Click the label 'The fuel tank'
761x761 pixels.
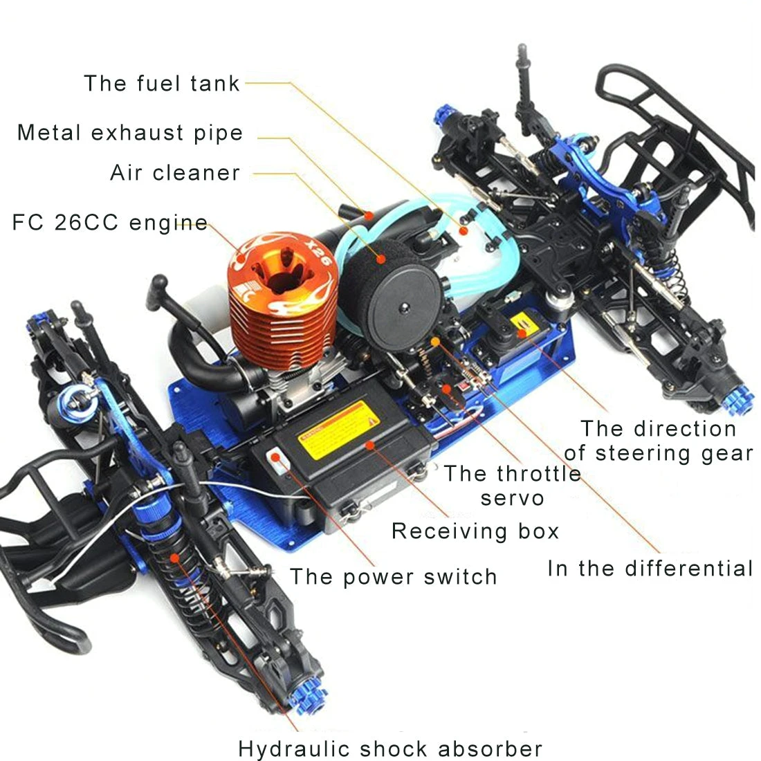click(162, 84)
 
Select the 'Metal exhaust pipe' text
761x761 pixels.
click(130, 133)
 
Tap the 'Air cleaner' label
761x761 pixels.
click(175, 173)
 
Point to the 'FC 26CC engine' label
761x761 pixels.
click(110, 223)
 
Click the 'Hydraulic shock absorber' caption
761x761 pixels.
click(390, 749)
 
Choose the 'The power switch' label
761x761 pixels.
click(393, 577)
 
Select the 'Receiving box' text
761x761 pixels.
click(475, 531)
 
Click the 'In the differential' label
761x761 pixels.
click(650, 569)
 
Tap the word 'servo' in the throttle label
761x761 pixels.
click(512, 498)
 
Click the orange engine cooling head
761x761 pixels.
click(284, 291)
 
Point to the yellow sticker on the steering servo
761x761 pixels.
click(524, 322)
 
